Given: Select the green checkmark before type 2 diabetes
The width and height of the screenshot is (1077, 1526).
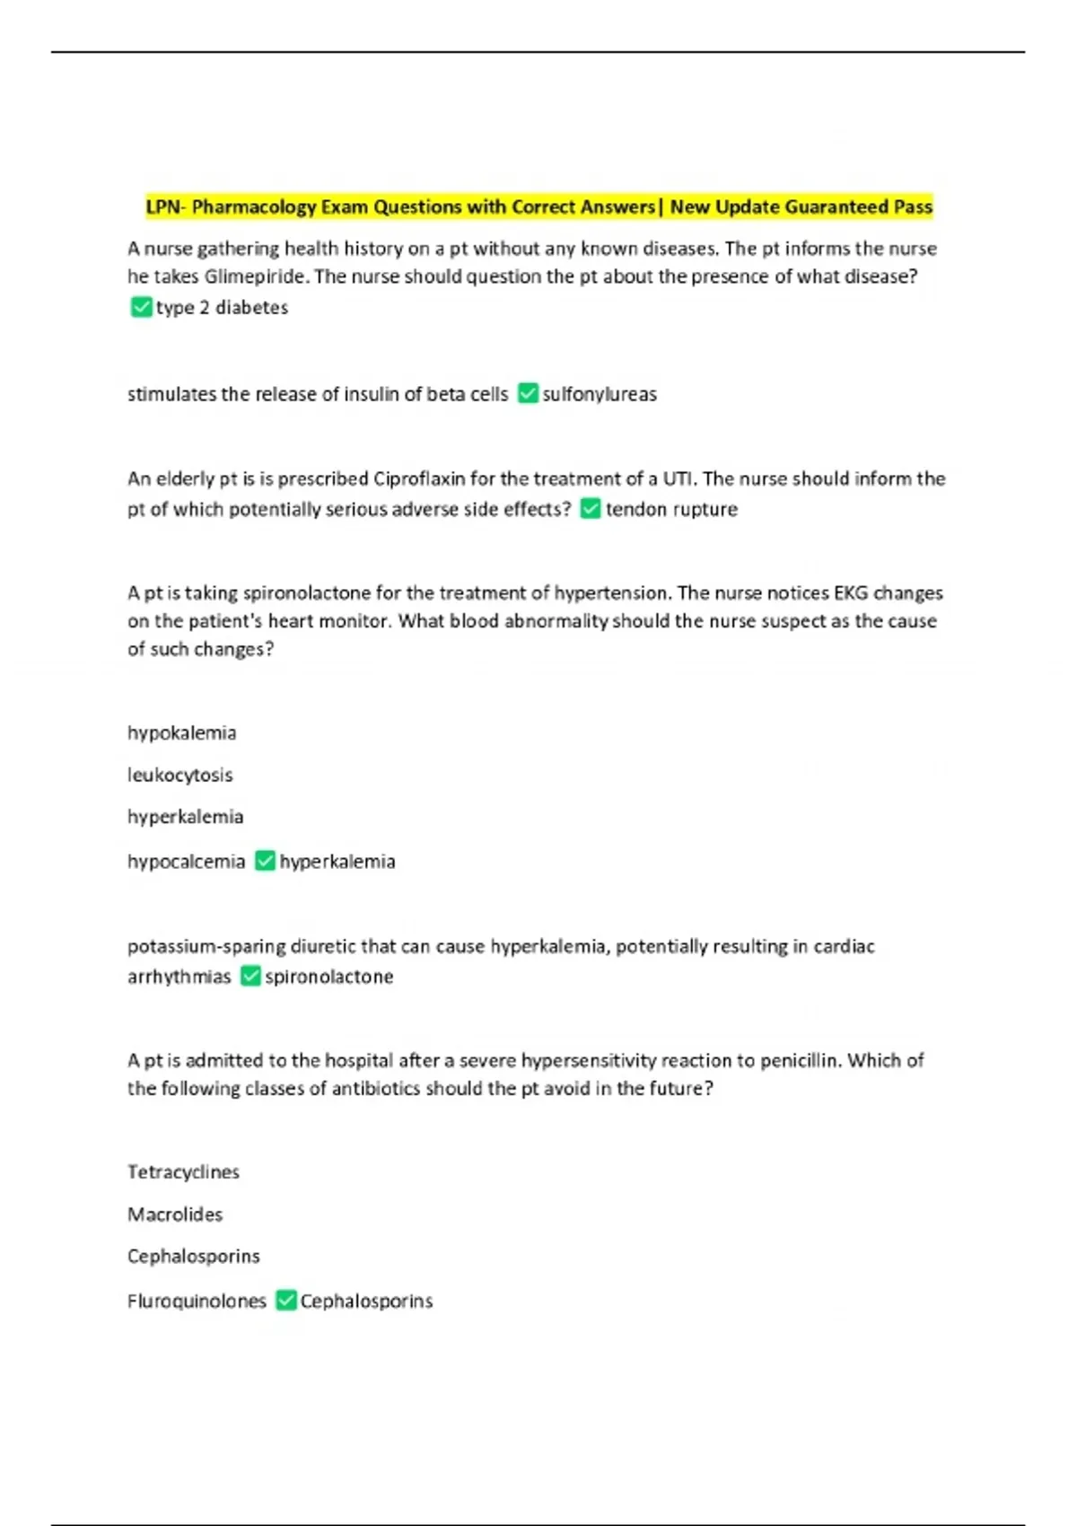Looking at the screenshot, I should pos(141,308).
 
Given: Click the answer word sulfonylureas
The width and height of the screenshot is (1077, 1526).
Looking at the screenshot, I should pos(600,394).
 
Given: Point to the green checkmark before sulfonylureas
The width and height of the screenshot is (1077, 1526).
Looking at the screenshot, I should pos(529,394).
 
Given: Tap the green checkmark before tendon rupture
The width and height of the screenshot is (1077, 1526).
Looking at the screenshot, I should pos(591,509).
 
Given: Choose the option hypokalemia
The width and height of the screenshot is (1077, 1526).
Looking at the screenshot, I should pos(182,733).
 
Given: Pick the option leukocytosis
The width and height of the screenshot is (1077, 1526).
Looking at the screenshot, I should pos(180,775).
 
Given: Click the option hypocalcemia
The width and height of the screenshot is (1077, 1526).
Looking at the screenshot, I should pos(186,862).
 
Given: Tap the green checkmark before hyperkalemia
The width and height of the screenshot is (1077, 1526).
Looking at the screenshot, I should pos(265,862).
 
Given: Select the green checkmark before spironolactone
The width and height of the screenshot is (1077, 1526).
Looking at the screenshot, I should pos(250,977).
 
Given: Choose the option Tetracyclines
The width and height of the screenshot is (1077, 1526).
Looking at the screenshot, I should pos(184,1172).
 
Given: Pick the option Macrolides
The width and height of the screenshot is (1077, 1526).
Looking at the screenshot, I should pos(175,1215).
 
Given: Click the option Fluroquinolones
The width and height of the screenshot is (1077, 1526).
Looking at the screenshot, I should pos(197,1302).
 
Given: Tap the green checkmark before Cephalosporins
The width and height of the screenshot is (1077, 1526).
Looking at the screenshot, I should pos(286,1301).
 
